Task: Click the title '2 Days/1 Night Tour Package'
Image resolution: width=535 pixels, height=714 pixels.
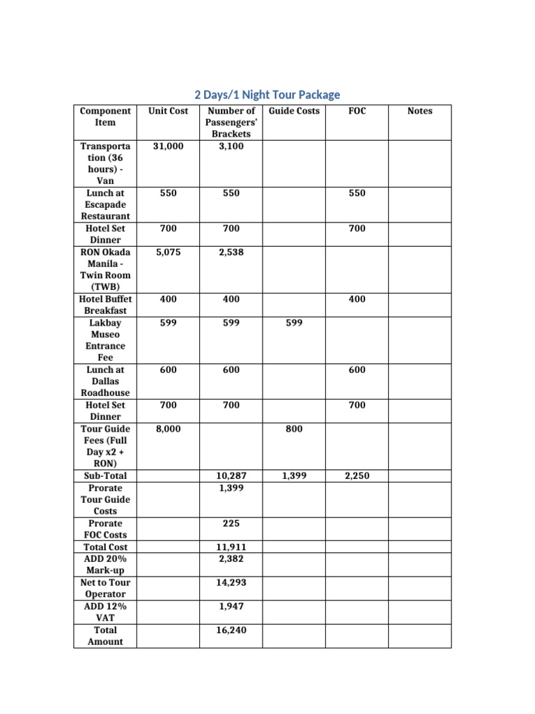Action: [267, 94]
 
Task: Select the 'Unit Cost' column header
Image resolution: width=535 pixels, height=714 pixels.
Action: [168, 111]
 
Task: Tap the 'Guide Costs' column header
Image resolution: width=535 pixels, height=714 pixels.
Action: [294, 111]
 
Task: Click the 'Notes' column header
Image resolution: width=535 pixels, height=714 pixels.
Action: [419, 111]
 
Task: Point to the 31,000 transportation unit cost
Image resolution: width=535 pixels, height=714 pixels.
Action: [168, 146]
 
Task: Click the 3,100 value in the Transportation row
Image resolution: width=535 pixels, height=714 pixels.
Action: [231, 146]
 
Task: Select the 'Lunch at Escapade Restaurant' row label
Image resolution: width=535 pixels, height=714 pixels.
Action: [105, 204]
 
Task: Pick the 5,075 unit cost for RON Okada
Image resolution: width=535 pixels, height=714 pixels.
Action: [168, 252]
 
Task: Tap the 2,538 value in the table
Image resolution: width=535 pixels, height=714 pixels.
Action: [231, 252]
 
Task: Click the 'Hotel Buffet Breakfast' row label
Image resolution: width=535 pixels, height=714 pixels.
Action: [105, 305]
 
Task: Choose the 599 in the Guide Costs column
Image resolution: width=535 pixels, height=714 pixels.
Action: [294, 323]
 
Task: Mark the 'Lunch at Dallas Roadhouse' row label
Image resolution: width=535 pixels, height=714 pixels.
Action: [105, 381]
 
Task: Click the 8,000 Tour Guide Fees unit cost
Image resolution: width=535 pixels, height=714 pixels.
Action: [168, 429]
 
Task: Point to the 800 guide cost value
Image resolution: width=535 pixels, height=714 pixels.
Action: [294, 429]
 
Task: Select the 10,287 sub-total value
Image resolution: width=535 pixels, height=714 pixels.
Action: [231, 476]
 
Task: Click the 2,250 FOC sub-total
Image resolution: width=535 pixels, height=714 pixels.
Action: [357, 476]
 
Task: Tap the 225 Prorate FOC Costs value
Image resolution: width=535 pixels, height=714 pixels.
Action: [231, 523]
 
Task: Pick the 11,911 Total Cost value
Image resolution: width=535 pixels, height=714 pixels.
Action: [231, 547]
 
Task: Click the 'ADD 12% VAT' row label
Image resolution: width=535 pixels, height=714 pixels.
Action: [105, 612]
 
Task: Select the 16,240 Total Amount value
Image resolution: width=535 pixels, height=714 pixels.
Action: [231, 630]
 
